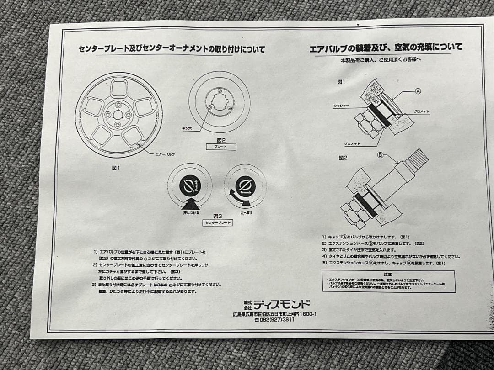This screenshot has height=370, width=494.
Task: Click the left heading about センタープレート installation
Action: (172, 49)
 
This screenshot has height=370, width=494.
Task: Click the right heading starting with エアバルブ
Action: (386, 48)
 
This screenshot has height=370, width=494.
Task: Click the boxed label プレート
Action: (220, 147)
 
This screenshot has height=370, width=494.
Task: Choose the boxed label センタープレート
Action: (217, 223)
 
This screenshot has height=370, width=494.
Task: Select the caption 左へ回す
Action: (247, 212)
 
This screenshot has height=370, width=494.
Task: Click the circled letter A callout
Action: (418, 91)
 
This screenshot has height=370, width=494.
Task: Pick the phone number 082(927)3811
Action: (274, 320)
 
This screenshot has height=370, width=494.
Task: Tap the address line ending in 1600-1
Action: (274, 314)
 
